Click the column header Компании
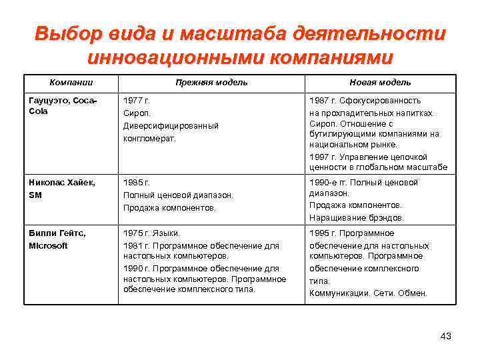pyautogui.click(x=71, y=82)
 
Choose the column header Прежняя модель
pyautogui.click(x=211, y=82)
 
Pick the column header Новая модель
pyautogui.click(x=380, y=82)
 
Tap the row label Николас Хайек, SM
pyautogui.click(x=62, y=189)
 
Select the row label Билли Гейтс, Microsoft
pyautogui.click(x=57, y=239)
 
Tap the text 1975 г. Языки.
pyautogui.click(x=151, y=233)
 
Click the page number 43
pyautogui.click(x=446, y=336)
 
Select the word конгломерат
pyautogui.click(x=149, y=138)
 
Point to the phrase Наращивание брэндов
pyautogui.click(x=356, y=217)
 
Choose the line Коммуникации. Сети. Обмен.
pyautogui.click(x=368, y=293)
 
